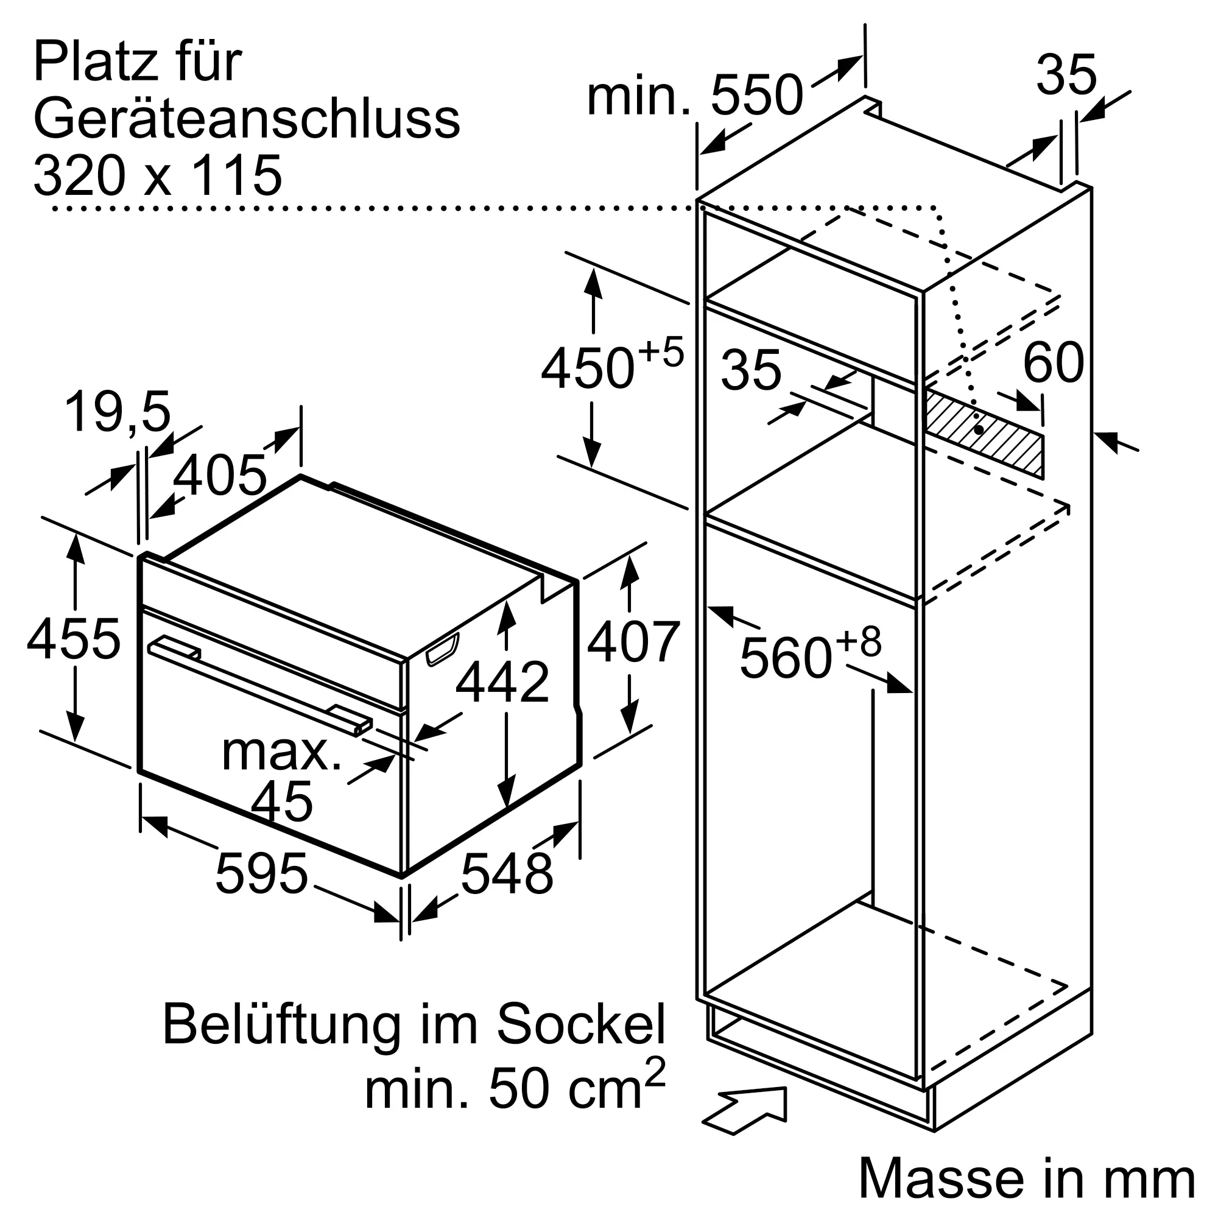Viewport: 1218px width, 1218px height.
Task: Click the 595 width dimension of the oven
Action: (261, 873)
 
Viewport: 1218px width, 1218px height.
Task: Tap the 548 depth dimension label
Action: (507, 873)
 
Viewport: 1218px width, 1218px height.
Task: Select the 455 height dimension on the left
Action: (73, 639)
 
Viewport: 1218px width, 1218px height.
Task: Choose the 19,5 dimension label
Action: (118, 412)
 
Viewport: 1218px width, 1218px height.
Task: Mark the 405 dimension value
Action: (219, 475)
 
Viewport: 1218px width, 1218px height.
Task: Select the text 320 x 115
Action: (158, 175)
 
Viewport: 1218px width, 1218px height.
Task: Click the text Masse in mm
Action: (1026, 1177)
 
